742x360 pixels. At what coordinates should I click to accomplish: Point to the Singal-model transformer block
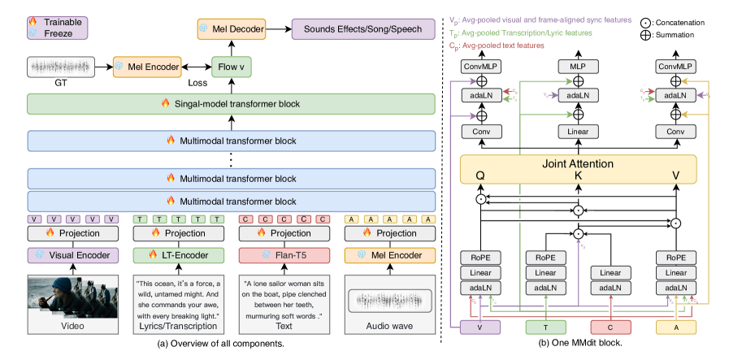click(x=231, y=104)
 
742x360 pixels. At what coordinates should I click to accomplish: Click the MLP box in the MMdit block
click(x=579, y=65)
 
